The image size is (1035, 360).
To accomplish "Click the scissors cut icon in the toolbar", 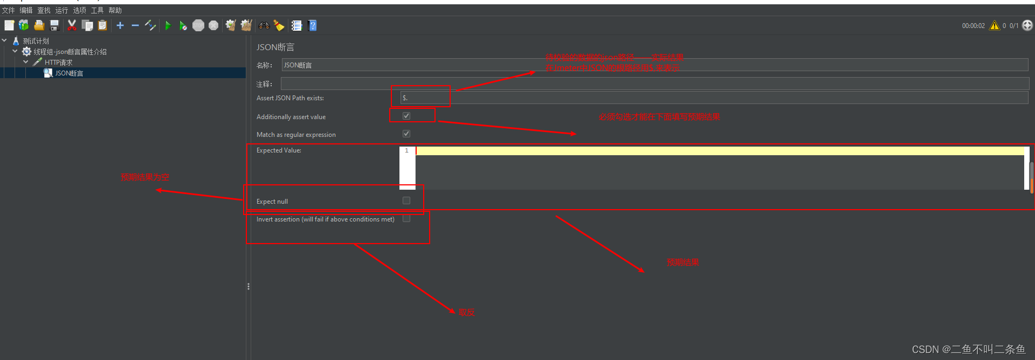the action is (72, 25).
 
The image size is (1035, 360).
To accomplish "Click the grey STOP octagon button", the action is (198, 25).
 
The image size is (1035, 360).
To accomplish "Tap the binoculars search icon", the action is (264, 25).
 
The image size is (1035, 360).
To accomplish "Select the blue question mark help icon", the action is (312, 25).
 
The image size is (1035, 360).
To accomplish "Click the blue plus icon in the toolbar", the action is (120, 25).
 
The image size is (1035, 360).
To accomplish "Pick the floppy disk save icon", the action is (54, 25).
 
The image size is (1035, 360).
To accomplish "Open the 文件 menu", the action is (9, 10).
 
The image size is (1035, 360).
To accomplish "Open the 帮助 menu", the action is (115, 10).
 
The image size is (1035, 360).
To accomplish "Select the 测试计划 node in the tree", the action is (36, 41).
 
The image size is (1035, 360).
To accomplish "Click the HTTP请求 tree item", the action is (58, 63).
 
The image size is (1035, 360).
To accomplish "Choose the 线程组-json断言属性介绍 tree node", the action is (70, 52).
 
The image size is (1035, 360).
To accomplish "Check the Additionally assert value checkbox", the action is (406, 116).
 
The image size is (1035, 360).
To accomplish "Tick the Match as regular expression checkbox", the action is (406, 134).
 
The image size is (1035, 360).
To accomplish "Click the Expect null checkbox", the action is (406, 200).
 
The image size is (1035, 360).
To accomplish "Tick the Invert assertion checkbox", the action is (406, 218).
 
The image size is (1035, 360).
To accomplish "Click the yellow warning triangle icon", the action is (995, 25).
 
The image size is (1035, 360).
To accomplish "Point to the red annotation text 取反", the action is (466, 312).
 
